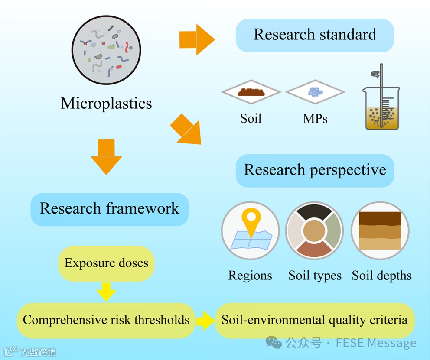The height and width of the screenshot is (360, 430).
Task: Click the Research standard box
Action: coord(315,35)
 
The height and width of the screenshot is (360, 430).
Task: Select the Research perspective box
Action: coord(315,170)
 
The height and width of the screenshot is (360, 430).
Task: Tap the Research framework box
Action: coord(109,208)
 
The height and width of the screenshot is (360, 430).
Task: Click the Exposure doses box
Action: coord(106,263)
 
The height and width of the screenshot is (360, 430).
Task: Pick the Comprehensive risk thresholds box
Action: coord(106,320)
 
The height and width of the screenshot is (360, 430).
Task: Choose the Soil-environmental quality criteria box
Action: coord(314,320)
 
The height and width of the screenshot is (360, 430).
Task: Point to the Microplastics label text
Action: coord(106,104)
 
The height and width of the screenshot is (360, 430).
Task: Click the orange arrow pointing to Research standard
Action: coord(197,40)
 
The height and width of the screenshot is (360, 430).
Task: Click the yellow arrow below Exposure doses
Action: coord(106,292)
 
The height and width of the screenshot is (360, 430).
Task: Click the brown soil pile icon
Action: coord(251,92)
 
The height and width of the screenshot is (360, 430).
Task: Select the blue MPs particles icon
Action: coord(315,92)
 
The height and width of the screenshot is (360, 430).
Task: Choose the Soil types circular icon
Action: coord(314,230)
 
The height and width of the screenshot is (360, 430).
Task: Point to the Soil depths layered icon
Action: coord(380,230)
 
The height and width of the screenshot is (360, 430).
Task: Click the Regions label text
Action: coord(250,276)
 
